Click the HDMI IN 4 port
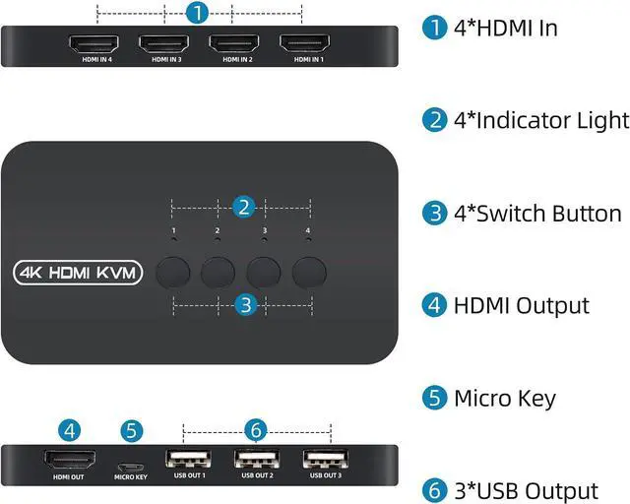coord(94,44)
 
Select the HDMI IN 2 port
coord(234,44)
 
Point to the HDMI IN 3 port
coord(163,44)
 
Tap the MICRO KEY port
coord(130,462)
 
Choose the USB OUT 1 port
coord(188,459)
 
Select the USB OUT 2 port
coord(257,459)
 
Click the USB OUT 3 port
coord(326,459)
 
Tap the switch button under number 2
coord(218,270)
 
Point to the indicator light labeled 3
coord(264,240)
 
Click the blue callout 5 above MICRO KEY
coord(130,430)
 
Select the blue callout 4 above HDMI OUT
coord(67,430)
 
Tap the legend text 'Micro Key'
coord(504,399)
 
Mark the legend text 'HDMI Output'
coord(521,306)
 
